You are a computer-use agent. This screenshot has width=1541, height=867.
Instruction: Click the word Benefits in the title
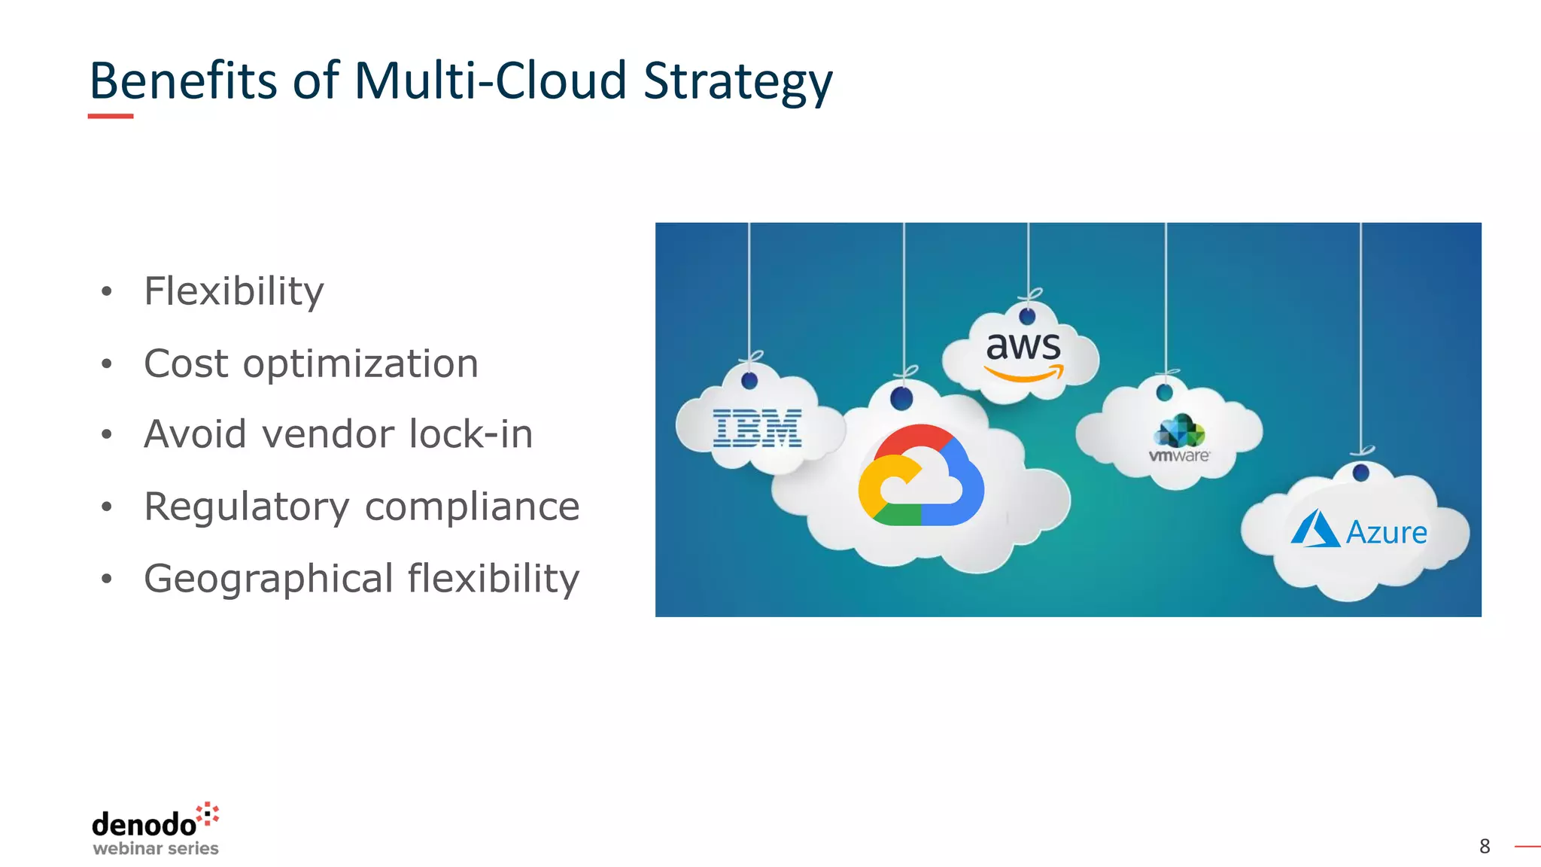pyautogui.click(x=183, y=80)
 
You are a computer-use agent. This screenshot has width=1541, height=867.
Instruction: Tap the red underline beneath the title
pyautogui.click(x=111, y=116)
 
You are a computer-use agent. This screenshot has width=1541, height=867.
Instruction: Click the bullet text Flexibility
pyautogui.click(x=233, y=292)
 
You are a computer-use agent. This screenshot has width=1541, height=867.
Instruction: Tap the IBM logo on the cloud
pyautogui.click(x=757, y=429)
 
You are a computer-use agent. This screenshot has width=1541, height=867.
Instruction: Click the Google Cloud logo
pyautogui.click(x=920, y=476)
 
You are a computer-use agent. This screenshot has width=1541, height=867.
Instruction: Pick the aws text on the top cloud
pyautogui.click(x=1023, y=346)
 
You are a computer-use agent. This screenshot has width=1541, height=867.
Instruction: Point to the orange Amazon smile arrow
pyautogui.click(x=1024, y=373)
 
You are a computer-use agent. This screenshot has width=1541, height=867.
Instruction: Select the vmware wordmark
pyautogui.click(x=1179, y=456)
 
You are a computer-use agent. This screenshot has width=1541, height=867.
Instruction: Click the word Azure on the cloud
pyautogui.click(x=1386, y=533)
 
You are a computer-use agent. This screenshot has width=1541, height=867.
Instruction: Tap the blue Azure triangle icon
pyautogui.click(x=1315, y=528)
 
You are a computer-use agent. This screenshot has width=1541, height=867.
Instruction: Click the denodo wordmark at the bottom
pyautogui.click(x=144, y=825)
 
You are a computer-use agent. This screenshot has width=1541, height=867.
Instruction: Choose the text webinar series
pyautogui.click(x=156, y=849)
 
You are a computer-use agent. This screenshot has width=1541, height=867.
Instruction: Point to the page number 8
pyautogui.click(x=1485, y=847)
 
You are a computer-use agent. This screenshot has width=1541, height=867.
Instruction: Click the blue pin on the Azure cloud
pyautogui.click(x=1360, y=473)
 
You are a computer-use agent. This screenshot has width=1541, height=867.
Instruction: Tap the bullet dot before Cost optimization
pyautogui.click(x=107, y=365)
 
